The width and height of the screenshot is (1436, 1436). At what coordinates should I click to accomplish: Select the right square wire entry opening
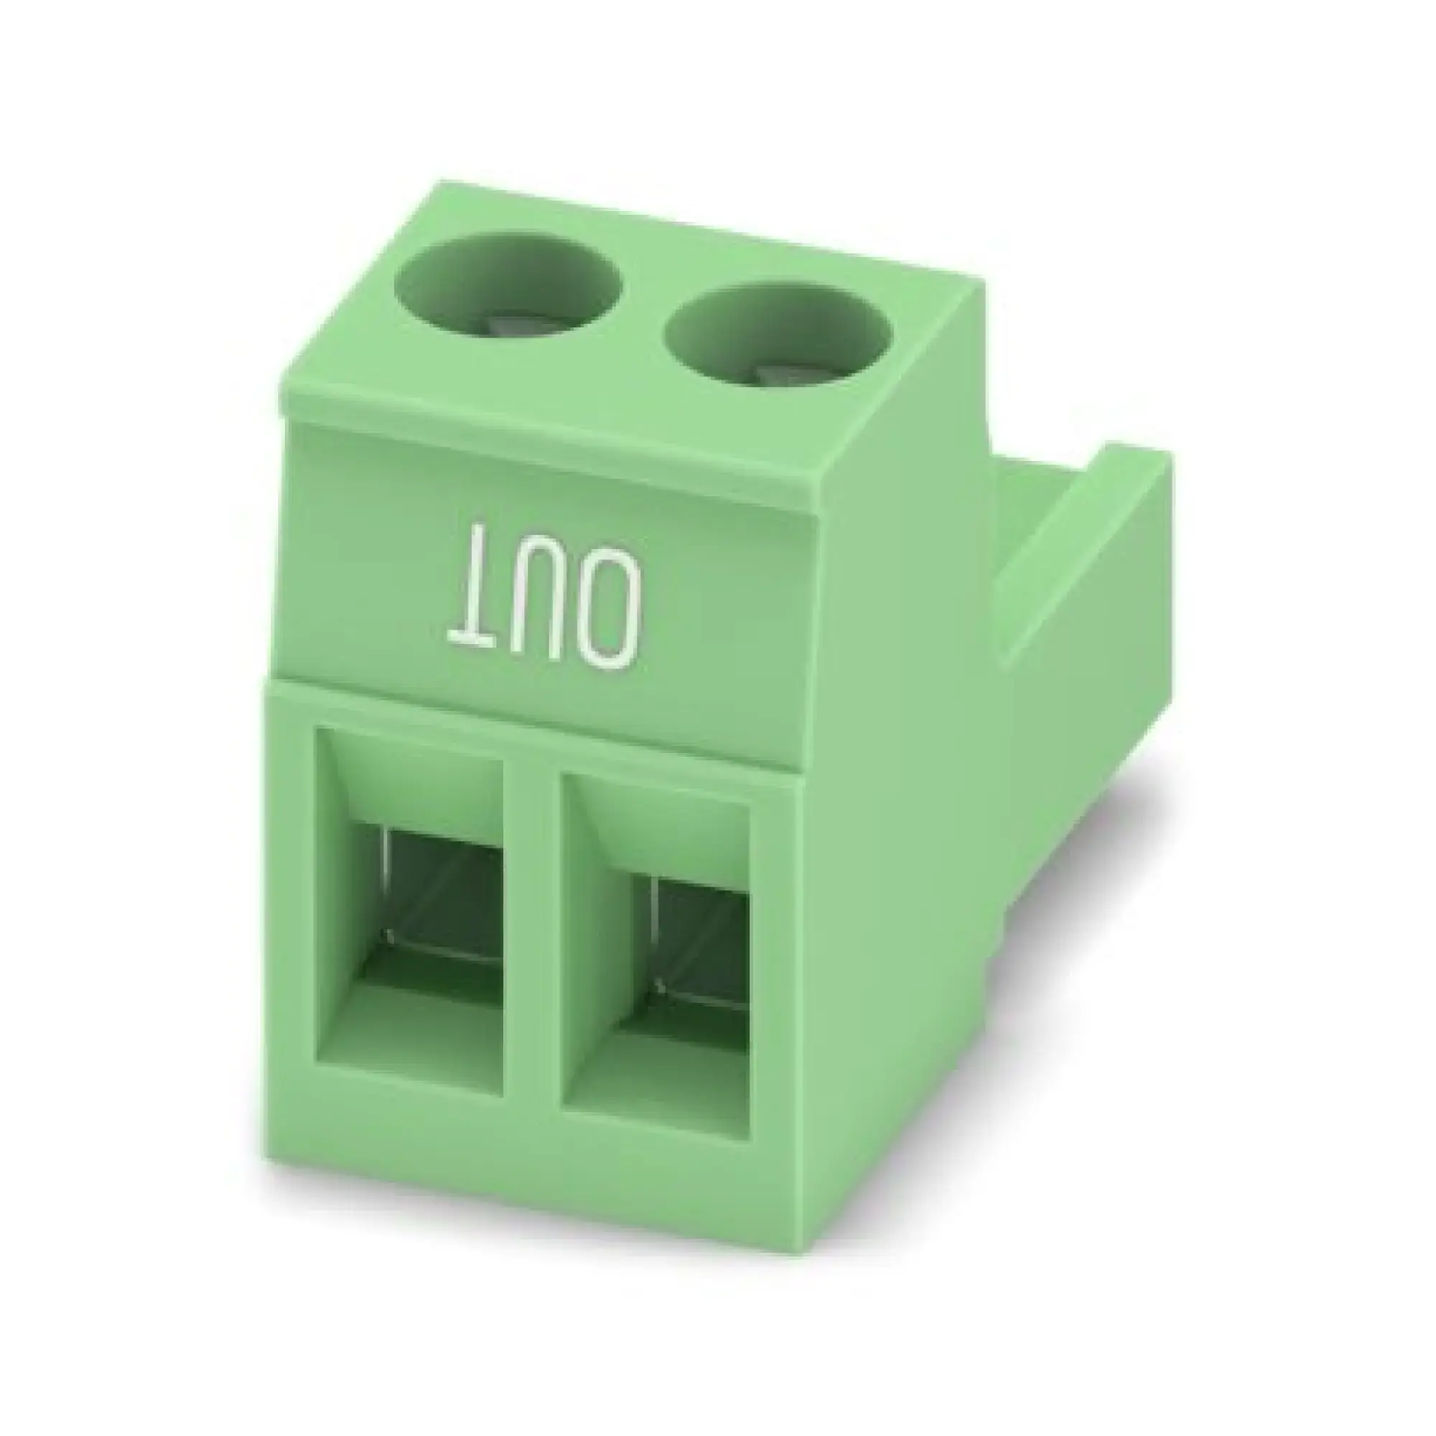656,956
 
